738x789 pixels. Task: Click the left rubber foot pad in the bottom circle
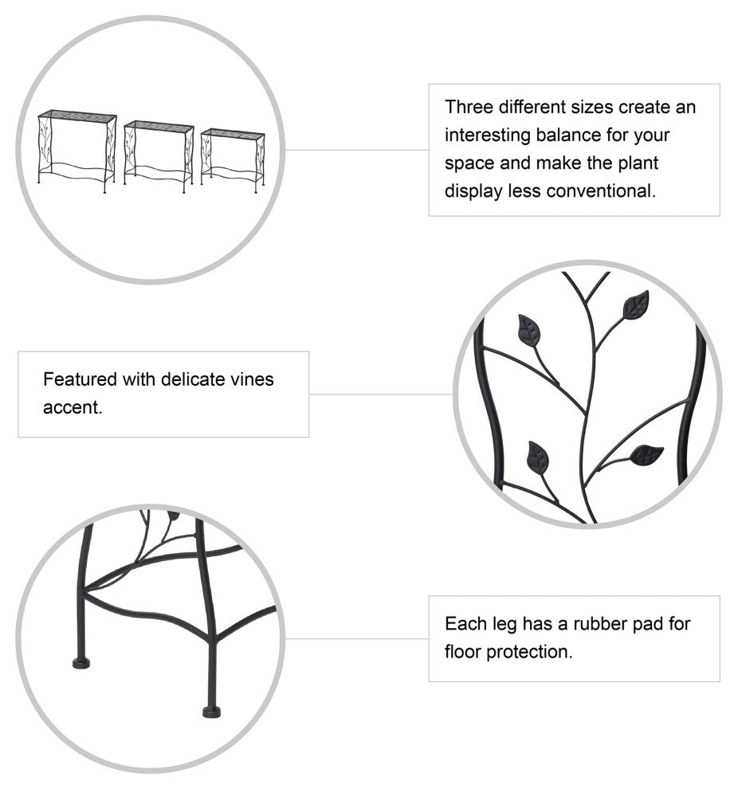[81, 663]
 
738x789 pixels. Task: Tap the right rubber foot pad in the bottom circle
[211, 712]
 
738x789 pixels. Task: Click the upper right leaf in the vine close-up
[636, 305]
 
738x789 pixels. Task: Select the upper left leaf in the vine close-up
[528, 331]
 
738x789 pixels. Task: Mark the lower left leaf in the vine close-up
[538, 458]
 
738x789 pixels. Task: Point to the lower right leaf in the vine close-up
[646, 455]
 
